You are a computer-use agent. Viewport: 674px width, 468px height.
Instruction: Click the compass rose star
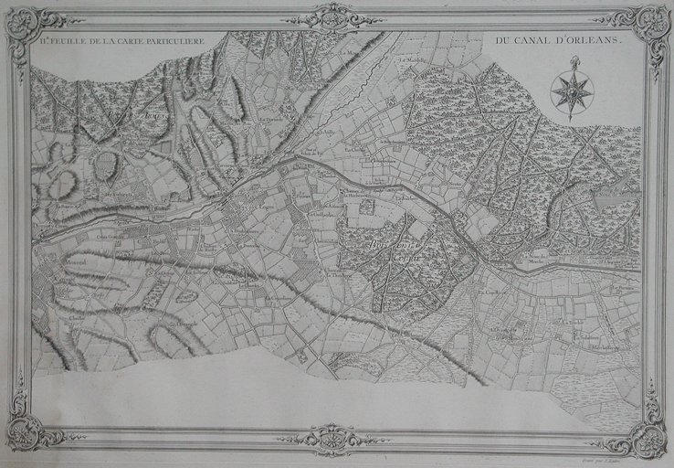tap(573, 90)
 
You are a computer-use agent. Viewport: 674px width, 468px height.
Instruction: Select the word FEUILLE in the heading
tap(73, 42)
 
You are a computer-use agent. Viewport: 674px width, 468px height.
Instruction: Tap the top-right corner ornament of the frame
tap(651, 25)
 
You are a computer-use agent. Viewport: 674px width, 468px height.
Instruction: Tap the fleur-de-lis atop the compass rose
tap(574, 62)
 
